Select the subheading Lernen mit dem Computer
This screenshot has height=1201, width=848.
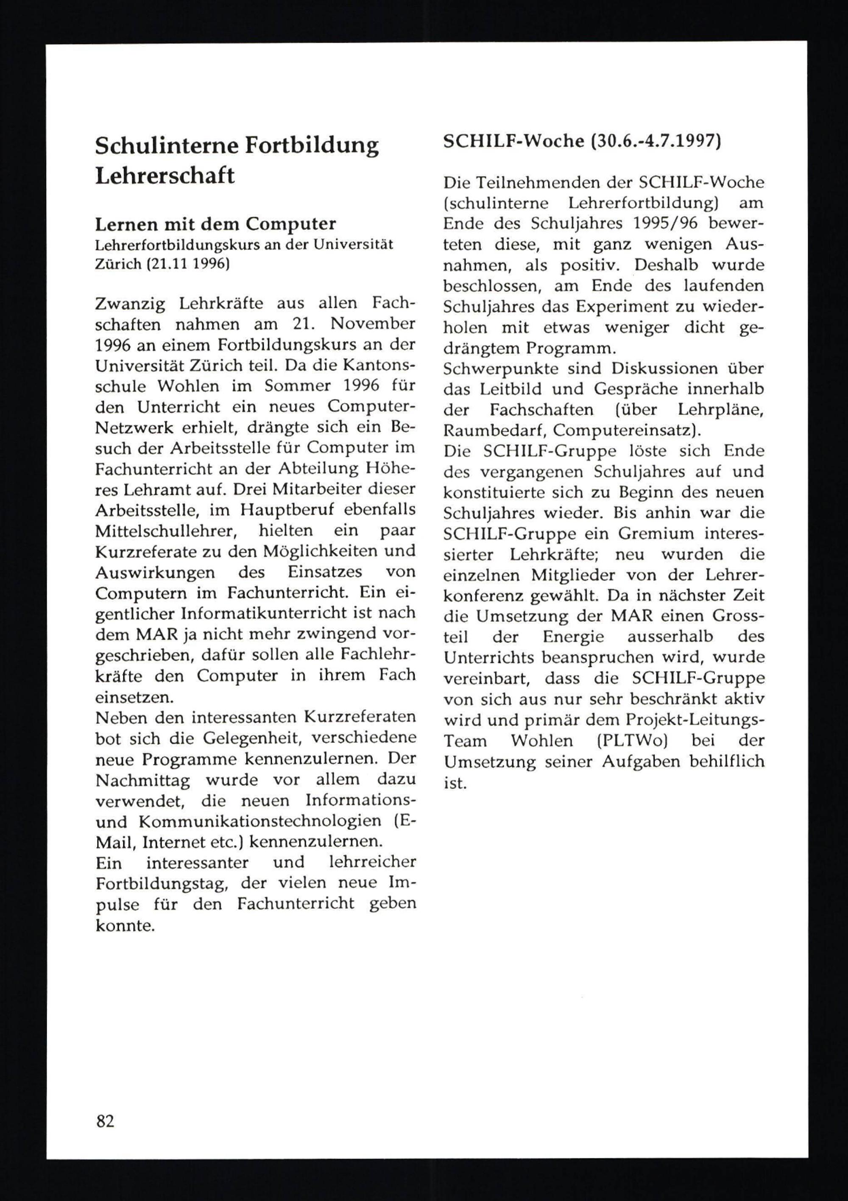click(215, 224)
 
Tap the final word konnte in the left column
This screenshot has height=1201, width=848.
click(125, 925)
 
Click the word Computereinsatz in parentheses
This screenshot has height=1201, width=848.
click(622, 430)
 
